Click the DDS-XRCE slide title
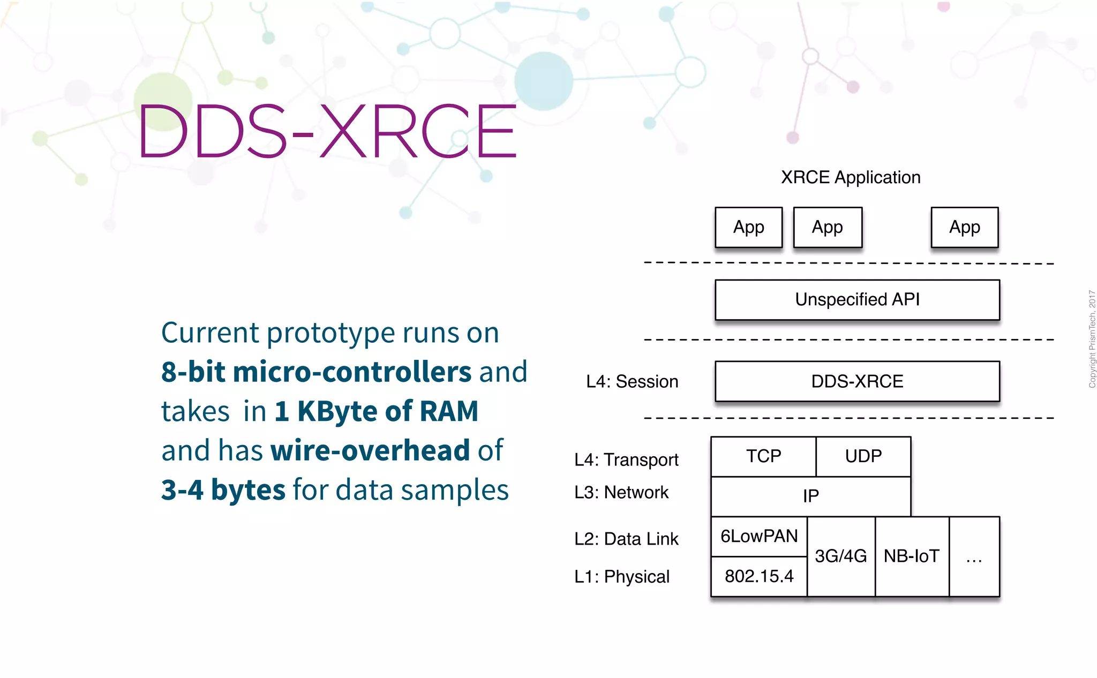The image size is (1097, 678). coord(327,132)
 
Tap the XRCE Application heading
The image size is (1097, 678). coord(851,177)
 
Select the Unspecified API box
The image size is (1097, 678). coord(857,299)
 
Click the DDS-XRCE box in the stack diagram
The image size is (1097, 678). coord(857,381)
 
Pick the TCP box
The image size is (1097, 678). coord(763,456)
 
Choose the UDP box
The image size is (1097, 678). coord(863,456)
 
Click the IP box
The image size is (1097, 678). coord(810,496)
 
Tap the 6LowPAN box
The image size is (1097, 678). coord(759,536)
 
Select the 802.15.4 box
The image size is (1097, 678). coord(759,576)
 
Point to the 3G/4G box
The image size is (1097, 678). coord(840,556)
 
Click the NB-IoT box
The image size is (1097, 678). coord(912,556)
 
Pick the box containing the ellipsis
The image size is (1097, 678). coord(974,557)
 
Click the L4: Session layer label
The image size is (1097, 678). coord(632,381)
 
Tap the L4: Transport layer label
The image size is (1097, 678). coord(626,459)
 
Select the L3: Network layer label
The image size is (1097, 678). coord(621,492)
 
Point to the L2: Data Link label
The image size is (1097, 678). coord(626,539)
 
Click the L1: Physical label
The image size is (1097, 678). coord(622,577)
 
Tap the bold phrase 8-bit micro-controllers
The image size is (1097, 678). coord(316,372)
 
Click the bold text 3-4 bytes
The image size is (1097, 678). coord(223,489)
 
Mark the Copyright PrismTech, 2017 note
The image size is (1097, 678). coord(1092,339)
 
